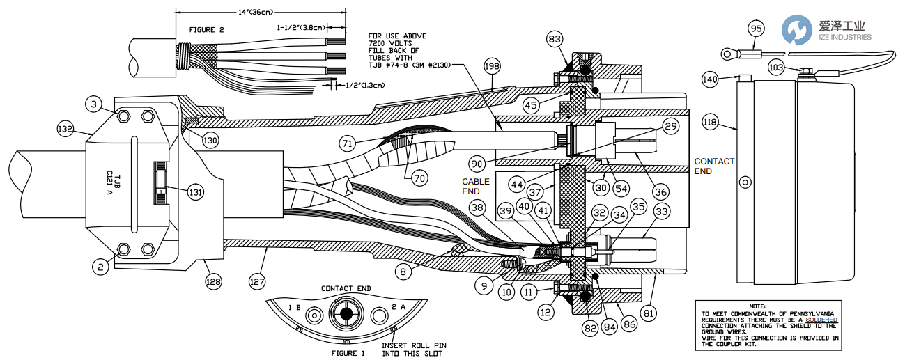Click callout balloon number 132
[65, 129]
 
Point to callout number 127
[258, 281]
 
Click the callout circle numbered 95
[756, 29]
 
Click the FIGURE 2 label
[206, 30]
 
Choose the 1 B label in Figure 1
[294, 307]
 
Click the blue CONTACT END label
[714, 166]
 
